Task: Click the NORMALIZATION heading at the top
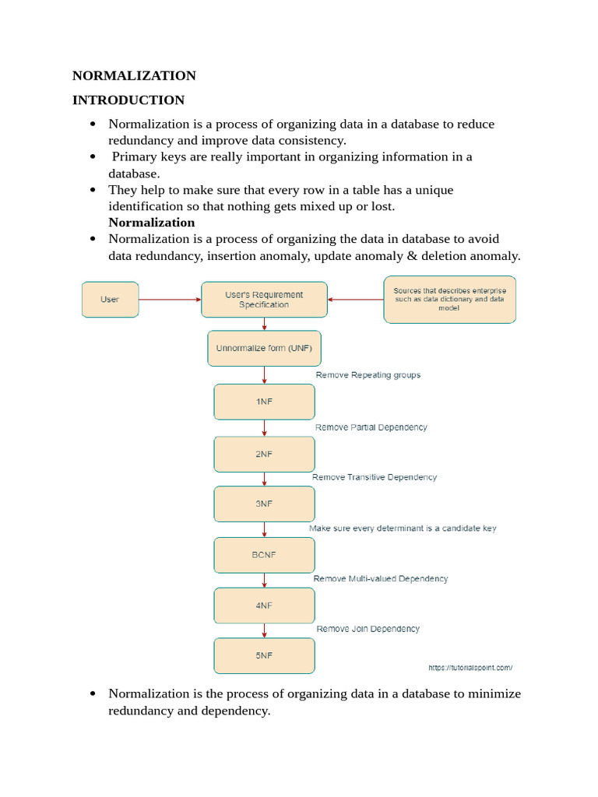pos(134,75)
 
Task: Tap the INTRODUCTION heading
pos(128,100)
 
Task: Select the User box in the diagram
pos(110,300)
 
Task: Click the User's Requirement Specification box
pos(264,300)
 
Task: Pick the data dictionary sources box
pos(449,300)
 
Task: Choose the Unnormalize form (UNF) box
pos(264,348)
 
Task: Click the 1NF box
pos(264,402)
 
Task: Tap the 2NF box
pos(264,454)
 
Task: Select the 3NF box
pos(264,504)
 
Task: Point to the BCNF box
pos(264,555)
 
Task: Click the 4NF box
pos(264,605)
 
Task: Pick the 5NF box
pos(264,655)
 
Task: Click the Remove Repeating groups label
pos(368,375)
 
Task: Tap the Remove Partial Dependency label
pos(371,427)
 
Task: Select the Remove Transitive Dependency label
pos(375,477)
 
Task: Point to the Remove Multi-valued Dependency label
pos(381,579)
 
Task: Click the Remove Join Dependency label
pos(368,629)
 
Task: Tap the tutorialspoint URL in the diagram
pos(470,668)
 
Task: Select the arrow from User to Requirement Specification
pos(170,300)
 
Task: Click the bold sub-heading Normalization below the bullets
pos(151,223)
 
